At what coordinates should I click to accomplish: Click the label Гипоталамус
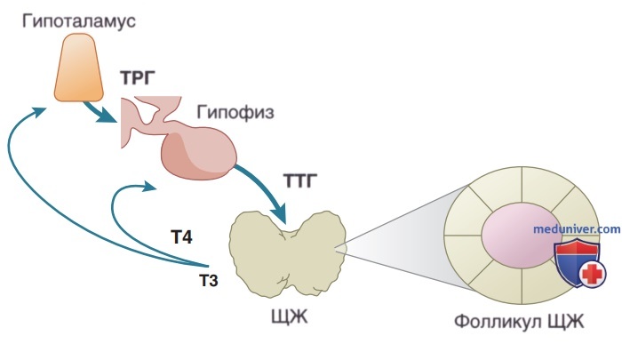pyautogui.click(x=78, y=21)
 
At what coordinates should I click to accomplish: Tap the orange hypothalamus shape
pyautogui.click(x=79, y=68)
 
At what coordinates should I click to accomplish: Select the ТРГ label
pyautogui.click(x=138, y=78)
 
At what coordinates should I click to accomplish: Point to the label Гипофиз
pyautogui.click(x=235, y=112)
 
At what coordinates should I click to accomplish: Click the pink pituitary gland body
pyautogui.click(x=198, y=153)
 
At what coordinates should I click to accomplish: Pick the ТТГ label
pyautogui.click(x=300, y=181)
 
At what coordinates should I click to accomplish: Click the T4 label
pyautogui.click(x=181, y=237)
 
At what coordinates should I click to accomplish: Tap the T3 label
pyautogui.click(x=209, y=281)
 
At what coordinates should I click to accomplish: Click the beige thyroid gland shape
pyautogui.click(x=288, y=254)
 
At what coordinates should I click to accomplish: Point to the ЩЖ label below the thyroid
pyautogui.click(x=289, y=317)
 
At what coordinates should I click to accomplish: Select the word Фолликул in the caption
pyautogui.click(x=498, y=322)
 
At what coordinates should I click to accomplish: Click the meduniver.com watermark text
pyautogui.click(x=577, y=229)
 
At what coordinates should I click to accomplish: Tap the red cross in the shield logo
pyautogui.click(x=593, y=274)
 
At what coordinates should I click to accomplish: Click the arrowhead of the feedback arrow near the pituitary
pyautogui.click(x=150, y=186)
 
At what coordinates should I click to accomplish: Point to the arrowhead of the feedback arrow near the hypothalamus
pyautogui.click(x=39, y=111)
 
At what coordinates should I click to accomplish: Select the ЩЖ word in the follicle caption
pyautogui.click(x=566, y=322)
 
